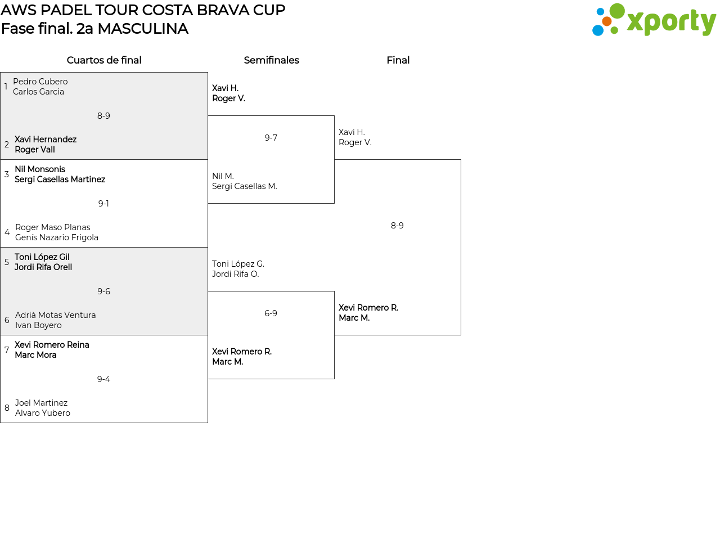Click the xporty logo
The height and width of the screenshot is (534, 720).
[x=654, y=20]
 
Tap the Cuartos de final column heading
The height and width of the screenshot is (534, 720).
[x=104, y=60]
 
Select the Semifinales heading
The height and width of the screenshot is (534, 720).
[x=271, y=60]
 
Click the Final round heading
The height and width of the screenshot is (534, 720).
[x=398, y=60]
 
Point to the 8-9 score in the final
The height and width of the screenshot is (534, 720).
[x=397, y=226]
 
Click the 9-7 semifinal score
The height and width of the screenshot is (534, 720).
[x=271, y=138]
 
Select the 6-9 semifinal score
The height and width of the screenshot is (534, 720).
[x=271, y=313]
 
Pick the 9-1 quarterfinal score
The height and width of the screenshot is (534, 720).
[x=103, y=204]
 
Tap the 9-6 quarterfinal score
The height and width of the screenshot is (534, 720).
[x=103, y=291]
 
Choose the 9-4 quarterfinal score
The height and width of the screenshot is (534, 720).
[x=103, y=379]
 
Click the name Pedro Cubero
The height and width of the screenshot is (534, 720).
[x=40, y=82]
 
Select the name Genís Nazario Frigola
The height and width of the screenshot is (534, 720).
[x=57, y=237]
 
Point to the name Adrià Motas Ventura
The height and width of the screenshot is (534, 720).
[x=56, y=315]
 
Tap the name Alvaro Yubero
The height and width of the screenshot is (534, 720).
[x=43, y=413]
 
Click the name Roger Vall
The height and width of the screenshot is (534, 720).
[x=35, y=150]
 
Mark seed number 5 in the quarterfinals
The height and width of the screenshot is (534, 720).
[x=7, y=262]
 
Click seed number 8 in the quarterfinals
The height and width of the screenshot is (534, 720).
[x=7, y=408]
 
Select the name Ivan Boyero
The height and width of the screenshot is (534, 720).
[x=38, y=325]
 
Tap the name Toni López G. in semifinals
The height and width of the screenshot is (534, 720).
[x=238, y=264]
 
